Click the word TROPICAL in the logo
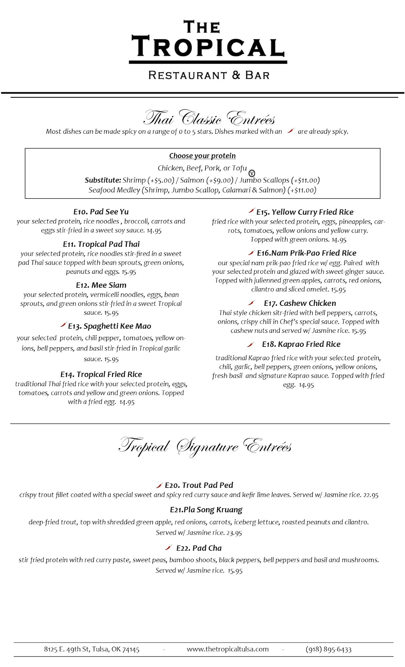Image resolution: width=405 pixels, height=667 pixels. point(208,47)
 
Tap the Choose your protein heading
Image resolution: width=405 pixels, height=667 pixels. point(202,156)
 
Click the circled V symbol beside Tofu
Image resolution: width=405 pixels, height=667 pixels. point(252,173)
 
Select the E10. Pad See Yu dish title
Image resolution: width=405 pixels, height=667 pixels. point(101,212)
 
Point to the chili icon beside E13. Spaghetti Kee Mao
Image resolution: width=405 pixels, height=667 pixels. point(63,324)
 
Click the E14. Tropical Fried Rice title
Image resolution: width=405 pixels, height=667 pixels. point(101,374)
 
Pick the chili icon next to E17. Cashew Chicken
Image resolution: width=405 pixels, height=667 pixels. point(252,303)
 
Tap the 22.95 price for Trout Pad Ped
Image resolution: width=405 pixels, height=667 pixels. point(371,495)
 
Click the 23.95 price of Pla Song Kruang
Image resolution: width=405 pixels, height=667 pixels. point(234,533)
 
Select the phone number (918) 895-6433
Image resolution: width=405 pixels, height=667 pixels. point(329,649)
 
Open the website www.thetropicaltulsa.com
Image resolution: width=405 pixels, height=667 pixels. point(228,649)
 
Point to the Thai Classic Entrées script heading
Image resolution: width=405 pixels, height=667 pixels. point(209,118)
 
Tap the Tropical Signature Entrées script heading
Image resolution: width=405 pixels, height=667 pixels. point(205,446)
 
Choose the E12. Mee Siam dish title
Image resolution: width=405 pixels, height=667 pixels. point(101,285)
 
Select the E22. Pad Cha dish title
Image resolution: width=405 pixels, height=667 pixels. point(199,548)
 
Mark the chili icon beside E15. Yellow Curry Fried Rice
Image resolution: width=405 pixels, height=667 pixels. point(252,210)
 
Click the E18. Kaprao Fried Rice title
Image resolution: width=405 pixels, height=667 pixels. point(301,344)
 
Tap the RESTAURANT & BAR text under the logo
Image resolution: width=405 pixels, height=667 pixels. point(209,75)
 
